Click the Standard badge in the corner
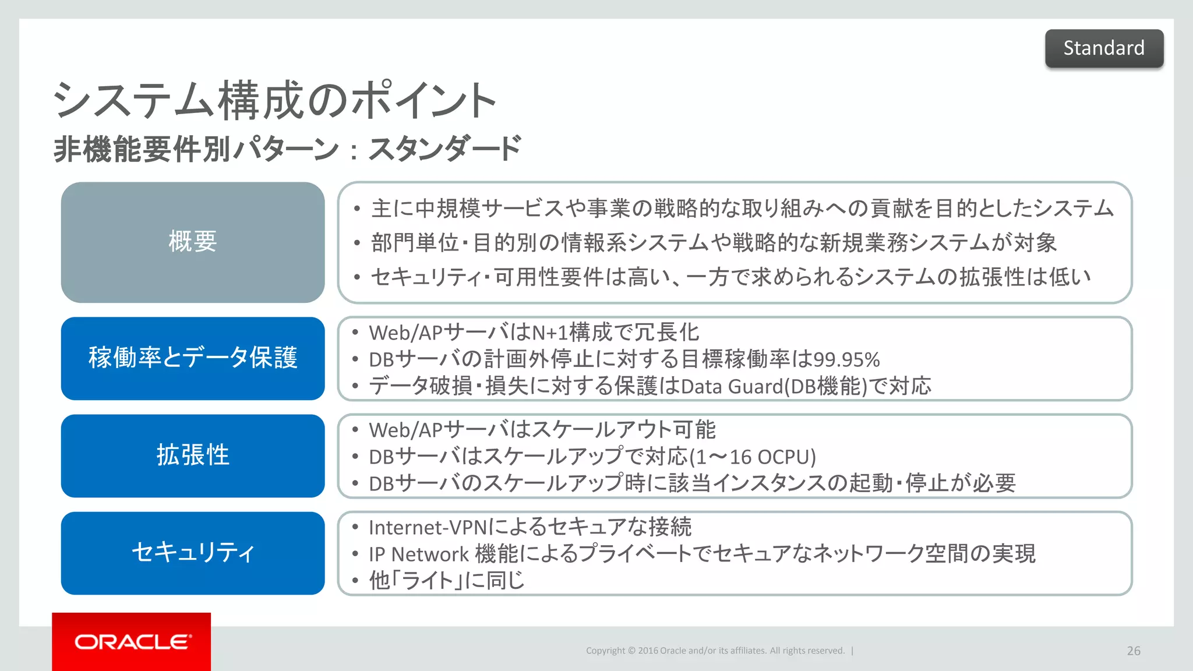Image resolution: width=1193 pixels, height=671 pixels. click(x=1104, y=48)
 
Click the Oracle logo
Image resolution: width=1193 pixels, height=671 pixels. click(x=132, y=642)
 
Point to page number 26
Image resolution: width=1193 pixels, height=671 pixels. click(x=1133, y=651)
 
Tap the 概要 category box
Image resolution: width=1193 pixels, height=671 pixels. click(x=193, y=242)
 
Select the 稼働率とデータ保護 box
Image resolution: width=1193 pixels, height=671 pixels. click(x=193, y=358)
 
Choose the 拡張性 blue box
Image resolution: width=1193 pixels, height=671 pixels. click(x=193, y=455)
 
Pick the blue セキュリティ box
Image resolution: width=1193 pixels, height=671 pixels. click(x=193, y=553)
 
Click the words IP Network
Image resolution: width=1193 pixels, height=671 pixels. click(x=418, y=554)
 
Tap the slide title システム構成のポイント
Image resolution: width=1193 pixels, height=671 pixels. click(x=274, y=101)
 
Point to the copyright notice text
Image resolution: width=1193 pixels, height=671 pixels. click(x=715, y=651)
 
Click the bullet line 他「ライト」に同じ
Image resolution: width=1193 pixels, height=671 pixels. click(x=446, y=580)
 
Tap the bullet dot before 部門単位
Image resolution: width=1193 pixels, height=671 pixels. click(x=357, y=243)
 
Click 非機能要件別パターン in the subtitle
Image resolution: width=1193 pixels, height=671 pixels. click(x=196, y=149)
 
